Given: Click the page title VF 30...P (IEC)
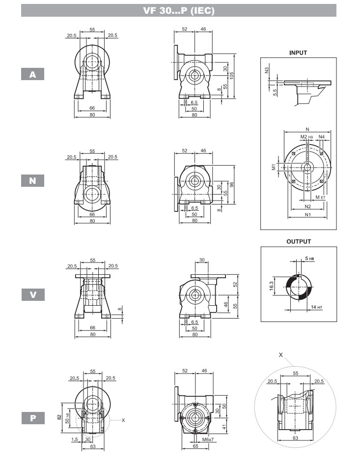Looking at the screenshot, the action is click(179, 11).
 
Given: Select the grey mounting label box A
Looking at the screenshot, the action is click(33, 74).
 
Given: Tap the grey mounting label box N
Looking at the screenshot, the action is click(33, 181).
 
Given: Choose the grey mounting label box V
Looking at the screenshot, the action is click(33, 294).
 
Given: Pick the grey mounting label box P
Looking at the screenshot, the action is click(33, 418).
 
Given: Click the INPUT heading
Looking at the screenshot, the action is click(298, 53).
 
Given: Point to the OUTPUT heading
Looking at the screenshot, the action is click(299, 241).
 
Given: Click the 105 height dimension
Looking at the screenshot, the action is click(232, 75).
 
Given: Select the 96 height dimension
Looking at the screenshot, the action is click(232, 184).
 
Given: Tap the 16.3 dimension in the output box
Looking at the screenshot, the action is click(271, 286).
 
